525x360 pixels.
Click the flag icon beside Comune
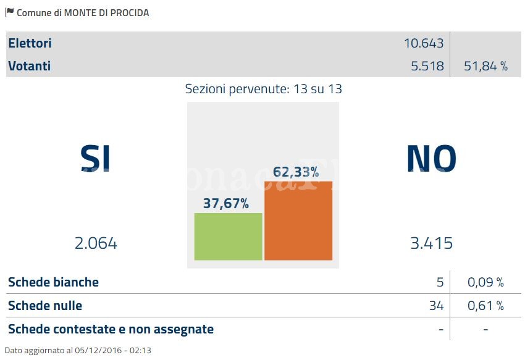9,12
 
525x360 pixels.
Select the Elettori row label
30,43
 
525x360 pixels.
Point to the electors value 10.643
424,43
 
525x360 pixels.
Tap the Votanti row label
30,66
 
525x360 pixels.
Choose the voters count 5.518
427,66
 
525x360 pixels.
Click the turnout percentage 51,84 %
485,66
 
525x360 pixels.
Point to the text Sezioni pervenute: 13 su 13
263,89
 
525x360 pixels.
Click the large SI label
96,158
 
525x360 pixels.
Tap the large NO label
431,158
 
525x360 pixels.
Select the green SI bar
229,237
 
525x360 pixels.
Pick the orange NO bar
298,220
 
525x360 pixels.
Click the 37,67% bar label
226,203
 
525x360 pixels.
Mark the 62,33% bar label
296,172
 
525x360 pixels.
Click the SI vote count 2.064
96,243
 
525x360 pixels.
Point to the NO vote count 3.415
431,243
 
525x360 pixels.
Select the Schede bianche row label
53,282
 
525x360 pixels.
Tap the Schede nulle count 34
436,306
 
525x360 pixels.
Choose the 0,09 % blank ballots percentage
485,282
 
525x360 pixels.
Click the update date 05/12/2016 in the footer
84,351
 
